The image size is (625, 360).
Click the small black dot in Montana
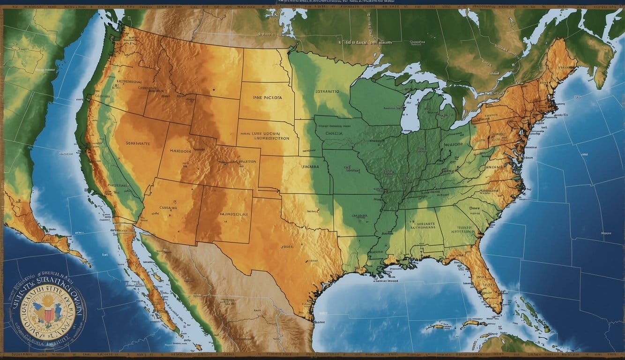pyautogui.click(x=212, y=88)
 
